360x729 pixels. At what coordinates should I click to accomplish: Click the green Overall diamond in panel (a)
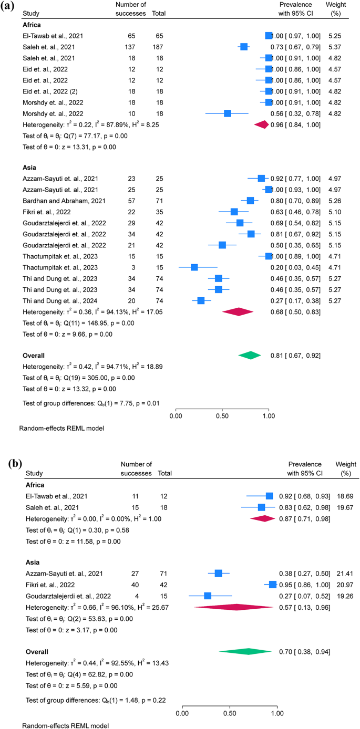[250, 356]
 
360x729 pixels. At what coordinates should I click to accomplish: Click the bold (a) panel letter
[9, 7]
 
